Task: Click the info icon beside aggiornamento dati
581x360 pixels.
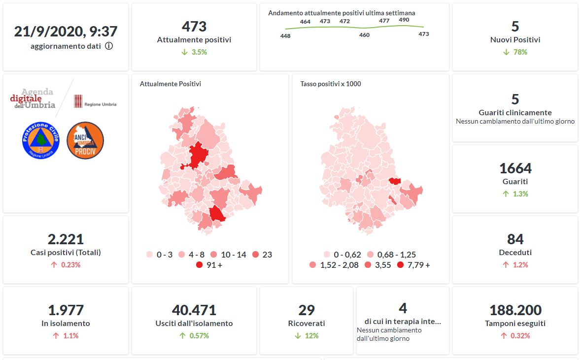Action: click(x=109, y=46)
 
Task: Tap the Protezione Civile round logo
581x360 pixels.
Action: click(x=40, y=140)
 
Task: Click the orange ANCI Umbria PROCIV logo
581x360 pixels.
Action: click(x=85, y=140)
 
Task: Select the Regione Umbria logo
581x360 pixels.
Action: click(x=95, y=101)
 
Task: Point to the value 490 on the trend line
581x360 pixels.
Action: click(x=404, y=20)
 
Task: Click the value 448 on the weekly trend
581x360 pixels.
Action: click(x=285, y=35)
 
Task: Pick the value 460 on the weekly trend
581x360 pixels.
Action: click(x=364, y=35)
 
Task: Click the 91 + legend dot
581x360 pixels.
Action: click(x=199, y=265)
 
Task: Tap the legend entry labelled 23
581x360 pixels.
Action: click(x=255, y=255)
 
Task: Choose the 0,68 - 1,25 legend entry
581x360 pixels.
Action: click(x=371, y=255)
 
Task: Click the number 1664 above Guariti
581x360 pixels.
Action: click(x=515, y=168)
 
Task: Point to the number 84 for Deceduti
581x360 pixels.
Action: click(x=515, y=239)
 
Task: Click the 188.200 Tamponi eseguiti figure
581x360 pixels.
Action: click(x=515, y=310)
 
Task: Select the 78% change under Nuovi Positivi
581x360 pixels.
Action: click(x=515, y=52)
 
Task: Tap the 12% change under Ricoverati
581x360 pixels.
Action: click(x=307, y=336)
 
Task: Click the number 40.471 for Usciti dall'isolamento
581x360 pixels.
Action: click(x=194, y=310)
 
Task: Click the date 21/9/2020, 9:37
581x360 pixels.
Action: click(x=66, y=32)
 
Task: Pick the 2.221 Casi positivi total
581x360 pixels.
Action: click(x=66, y=239)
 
